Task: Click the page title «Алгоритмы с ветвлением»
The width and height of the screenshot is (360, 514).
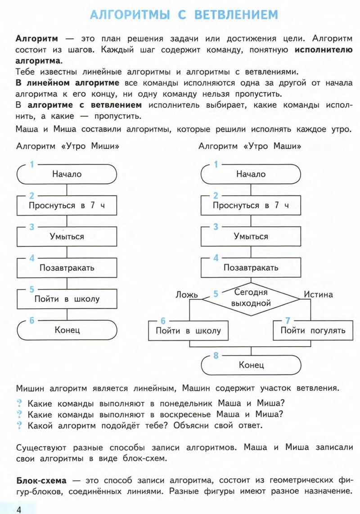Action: tap(184, 16)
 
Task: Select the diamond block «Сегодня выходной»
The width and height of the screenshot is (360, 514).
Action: tap(251, 298)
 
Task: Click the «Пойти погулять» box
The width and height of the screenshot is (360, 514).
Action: tap(313, 330)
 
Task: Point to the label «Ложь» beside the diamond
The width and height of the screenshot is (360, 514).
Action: tap(186, 295)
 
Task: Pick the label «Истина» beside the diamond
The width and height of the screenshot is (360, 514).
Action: tap(318, 295)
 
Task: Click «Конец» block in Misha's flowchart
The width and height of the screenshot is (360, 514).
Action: tap(67, 330)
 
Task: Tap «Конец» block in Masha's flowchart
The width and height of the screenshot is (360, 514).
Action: tap(251, 365)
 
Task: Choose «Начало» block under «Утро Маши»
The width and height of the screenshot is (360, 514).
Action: tap(251, 174)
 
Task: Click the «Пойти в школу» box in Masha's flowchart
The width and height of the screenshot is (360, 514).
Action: tap(188, 330)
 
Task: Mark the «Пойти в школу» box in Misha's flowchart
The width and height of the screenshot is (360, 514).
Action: tap(67, 299)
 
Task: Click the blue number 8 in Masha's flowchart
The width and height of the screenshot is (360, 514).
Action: tap(216, 356)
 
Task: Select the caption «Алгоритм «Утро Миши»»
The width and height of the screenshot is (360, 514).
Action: tap(67, 147)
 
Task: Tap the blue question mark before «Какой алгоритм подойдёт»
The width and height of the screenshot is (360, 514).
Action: tap(20, 425)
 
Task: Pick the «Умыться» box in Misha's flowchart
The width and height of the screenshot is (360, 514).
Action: tap(67, 237)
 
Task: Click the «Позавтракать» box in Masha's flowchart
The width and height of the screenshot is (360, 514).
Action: tap(251, 268)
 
